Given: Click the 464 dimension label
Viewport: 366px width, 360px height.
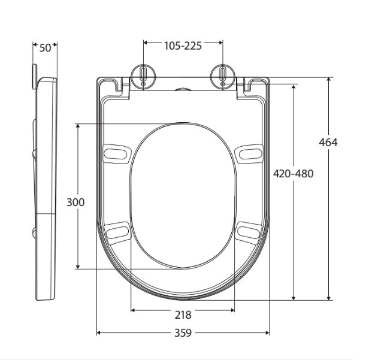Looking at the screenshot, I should [328, 143].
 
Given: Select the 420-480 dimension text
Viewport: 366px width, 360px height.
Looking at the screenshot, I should [293, 174].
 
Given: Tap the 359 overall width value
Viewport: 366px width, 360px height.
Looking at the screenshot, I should [183, 332].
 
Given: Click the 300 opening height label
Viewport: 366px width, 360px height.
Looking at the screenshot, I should [75, 202].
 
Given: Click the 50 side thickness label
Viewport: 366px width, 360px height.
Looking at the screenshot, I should [46, 48].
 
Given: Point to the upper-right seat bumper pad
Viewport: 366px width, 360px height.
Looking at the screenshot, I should [249, 153].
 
